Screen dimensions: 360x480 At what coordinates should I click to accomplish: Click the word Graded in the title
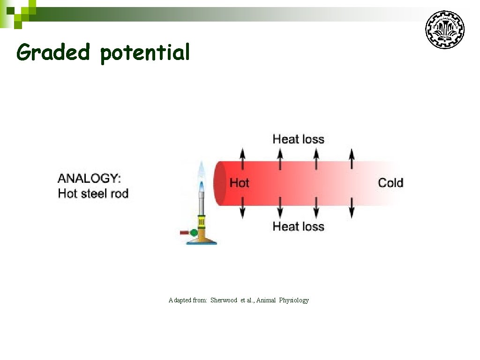tap(52, 52)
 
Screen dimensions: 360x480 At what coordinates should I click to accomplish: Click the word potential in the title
tap(145, 53)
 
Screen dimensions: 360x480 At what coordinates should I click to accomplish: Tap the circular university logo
tap(444, 30)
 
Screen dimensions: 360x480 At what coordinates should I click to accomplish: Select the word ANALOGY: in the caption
tap(89, 178)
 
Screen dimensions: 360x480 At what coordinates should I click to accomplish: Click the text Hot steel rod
tap(93, 193)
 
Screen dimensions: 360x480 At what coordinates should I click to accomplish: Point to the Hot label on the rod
tap(239, 183)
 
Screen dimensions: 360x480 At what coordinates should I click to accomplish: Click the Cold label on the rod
tap(390, 183)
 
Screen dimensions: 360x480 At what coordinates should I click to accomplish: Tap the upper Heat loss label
tap(298, 139)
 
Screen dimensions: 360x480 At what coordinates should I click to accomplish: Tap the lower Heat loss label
tap(298, 226)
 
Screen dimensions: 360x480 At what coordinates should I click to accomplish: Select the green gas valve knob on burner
tap(194, 232)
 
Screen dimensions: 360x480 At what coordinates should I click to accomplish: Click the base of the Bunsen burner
tap(202, 240)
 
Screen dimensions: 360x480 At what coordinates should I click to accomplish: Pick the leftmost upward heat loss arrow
tap(242, 158)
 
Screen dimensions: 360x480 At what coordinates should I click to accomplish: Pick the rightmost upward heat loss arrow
tap(352, 158)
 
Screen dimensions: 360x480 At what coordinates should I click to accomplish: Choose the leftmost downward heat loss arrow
tap(242, 208)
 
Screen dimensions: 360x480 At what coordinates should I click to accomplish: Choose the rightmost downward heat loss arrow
tap(352, 208)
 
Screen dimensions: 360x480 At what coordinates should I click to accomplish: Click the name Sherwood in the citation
tap(224, 300)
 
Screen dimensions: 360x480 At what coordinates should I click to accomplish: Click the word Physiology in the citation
tap(294, 300)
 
